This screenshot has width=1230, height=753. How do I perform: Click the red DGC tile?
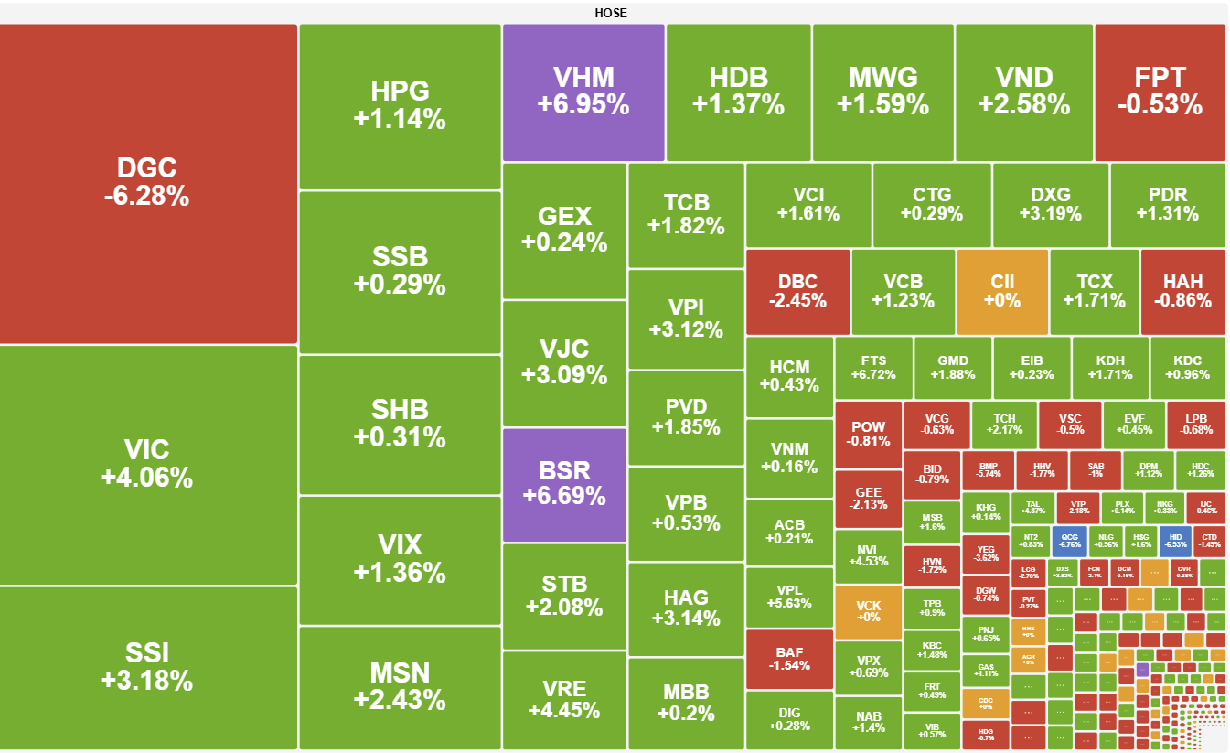click(x=148, y=183)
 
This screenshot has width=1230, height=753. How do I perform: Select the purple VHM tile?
click(x=583, y=91)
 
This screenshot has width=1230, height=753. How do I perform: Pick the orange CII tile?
click(x=1002, y=291)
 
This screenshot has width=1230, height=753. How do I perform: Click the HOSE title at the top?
click(x=611, y=13)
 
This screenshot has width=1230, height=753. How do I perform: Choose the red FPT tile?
click(x=1159, y=91)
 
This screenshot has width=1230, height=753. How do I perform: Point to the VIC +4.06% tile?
click(x=148, y=464)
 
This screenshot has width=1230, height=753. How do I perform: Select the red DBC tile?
click(x=797, y=291)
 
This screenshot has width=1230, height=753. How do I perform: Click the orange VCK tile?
click(x=868, y=611)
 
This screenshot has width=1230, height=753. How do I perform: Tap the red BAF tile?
click(x=790, y=658)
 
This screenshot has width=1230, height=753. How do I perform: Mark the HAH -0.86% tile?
click(x=1182, y=291)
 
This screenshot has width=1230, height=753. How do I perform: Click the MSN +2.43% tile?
click(x=400, y=686)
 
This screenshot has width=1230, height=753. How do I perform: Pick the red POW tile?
click(x=868, y=434)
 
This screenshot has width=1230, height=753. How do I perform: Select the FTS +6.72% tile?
click(x=873, y=368)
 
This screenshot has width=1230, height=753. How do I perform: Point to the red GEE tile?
click(x=868, y=499)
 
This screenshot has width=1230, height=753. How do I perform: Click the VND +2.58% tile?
click(x=1023, y=91)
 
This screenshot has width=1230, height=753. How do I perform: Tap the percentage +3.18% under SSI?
click(x=148, y=681)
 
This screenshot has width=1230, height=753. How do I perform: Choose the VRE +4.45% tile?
click(x=564, y=700)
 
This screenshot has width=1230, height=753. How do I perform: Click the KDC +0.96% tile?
click(x=1187, y=368)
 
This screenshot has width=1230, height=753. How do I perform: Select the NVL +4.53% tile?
click(x=868, y=556)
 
